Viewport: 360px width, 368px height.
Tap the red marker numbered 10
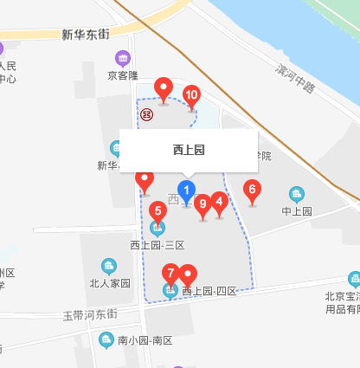(x=191, y=96)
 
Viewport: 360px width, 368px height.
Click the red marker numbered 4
(x=219, y=203)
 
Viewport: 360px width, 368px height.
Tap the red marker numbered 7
(x=171, y=274)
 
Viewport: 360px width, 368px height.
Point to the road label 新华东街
(x=86, y=35)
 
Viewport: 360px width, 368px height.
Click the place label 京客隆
(x=123, y=75)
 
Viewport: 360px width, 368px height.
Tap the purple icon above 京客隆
(x=123, y=59)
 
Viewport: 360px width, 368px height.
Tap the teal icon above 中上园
(x=297, y=194)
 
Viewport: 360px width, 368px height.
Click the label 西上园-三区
(x=157, y=245)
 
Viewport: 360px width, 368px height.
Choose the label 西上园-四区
(x=209, y=292)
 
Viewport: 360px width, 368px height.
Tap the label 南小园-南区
(x=145, y=339)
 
